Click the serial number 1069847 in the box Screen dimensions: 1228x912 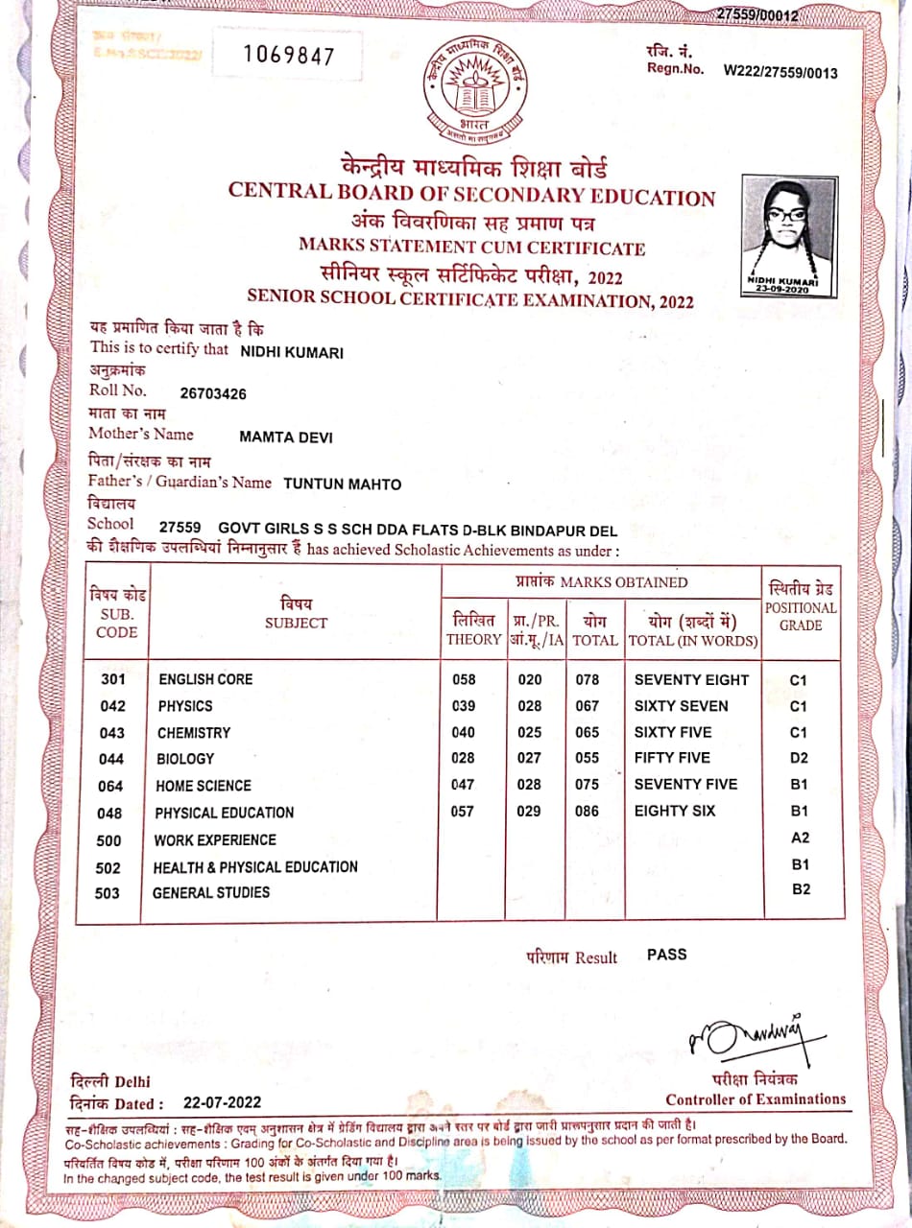click(x=288, y=56)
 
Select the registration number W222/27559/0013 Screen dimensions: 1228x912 click(x=780, y=73)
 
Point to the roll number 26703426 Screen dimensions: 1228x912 click(x=213, y=392)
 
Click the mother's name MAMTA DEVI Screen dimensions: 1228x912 click(x=286, y=437)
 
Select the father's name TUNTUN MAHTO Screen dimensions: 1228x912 click(x=343, y=484)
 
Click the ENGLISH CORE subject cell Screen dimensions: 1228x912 click(x=205, y=679)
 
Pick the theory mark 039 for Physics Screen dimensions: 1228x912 click(x=464, y=706)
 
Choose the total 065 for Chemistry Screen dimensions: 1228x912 click(x=588, y=732)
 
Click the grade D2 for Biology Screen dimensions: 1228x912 click(x=800, y=758)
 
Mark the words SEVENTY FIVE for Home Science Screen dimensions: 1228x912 click(x=685, y=784)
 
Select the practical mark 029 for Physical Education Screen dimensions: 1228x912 click(x=529, y=811)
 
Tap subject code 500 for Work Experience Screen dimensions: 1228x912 click(x=109, y=840)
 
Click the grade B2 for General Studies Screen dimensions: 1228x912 click(x=801, y=889)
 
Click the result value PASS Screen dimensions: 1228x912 click(x=666, y=955)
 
